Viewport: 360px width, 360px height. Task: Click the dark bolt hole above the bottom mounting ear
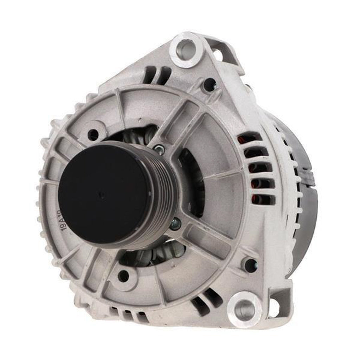tap(250, 265)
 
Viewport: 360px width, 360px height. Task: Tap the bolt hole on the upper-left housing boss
tap(93, 134)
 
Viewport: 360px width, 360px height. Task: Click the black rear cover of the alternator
tap(306, 197)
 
